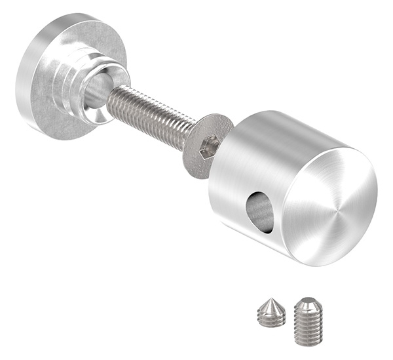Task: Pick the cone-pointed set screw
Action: (x=271, y=312)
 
